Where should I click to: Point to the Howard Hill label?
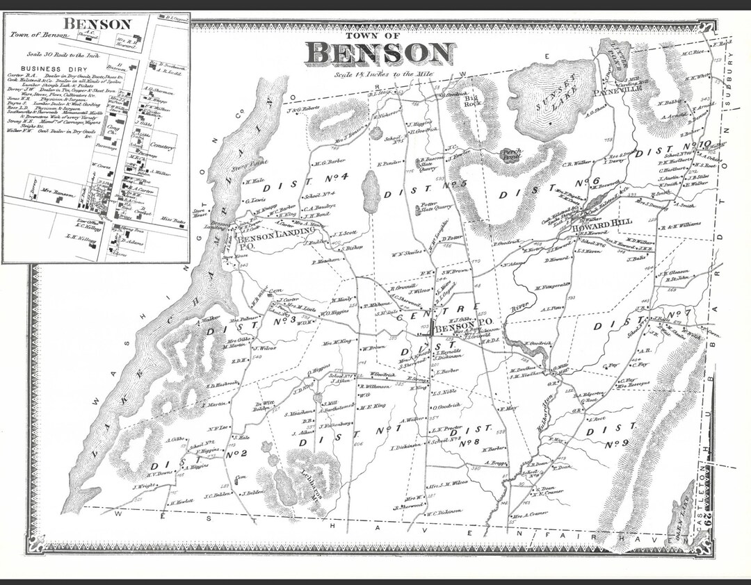coord(595,226)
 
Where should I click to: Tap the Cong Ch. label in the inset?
coord(111,129)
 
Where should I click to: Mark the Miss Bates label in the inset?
coord(169,220)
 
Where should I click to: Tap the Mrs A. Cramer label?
coord(530,516)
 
